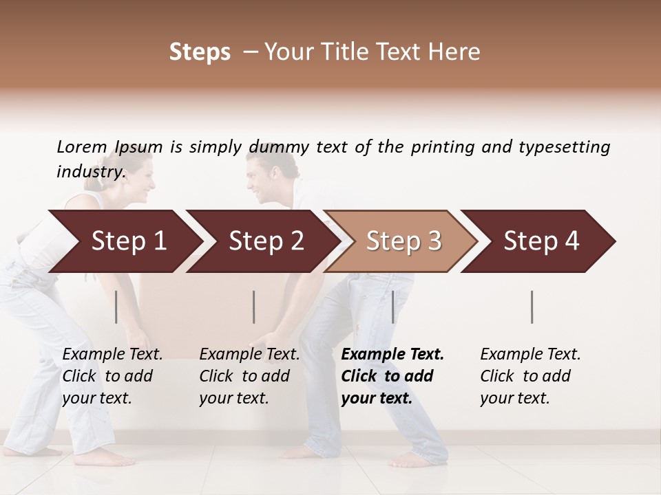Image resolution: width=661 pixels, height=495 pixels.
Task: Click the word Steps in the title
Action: coord(200,52)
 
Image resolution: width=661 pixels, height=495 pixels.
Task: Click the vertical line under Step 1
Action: coord(116,307)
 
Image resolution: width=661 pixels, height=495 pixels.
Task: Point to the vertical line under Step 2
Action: coord(254,307)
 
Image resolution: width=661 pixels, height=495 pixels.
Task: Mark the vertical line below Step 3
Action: coord(393,307)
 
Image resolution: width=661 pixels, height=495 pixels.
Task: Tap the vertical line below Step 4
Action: coord(532,307)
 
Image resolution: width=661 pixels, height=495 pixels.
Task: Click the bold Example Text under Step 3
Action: coord(392,355)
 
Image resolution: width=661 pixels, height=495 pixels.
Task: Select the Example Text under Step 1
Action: coord(112,355)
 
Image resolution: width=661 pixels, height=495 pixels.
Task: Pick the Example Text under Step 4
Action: coord(530,355)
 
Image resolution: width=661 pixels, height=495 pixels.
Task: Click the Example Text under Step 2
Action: coord(249,355)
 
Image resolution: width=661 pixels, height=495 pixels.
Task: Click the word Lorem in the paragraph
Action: coord(82,146)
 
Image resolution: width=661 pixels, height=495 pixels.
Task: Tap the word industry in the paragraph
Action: coord(91,172)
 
